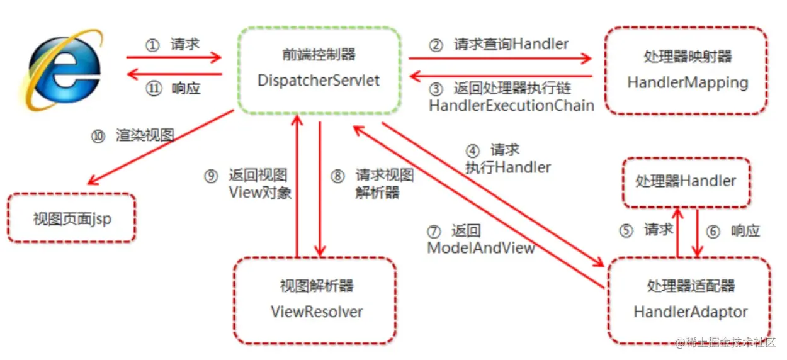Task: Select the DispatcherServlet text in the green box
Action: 319,81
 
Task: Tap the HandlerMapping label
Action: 688,82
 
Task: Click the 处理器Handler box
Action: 686,182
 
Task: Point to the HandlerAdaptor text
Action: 691,312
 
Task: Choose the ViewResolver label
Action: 317,312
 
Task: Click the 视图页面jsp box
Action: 72,218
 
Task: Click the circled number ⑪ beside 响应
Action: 154,89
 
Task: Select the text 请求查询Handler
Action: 511,45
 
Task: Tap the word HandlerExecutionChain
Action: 511,106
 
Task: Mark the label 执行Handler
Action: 507,167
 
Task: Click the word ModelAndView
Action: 481,248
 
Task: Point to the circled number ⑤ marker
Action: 625,231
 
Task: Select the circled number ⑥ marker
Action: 712,232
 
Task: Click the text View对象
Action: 260,193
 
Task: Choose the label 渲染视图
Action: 145,136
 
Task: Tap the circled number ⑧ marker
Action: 338,176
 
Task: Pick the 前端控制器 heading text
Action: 319,55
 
